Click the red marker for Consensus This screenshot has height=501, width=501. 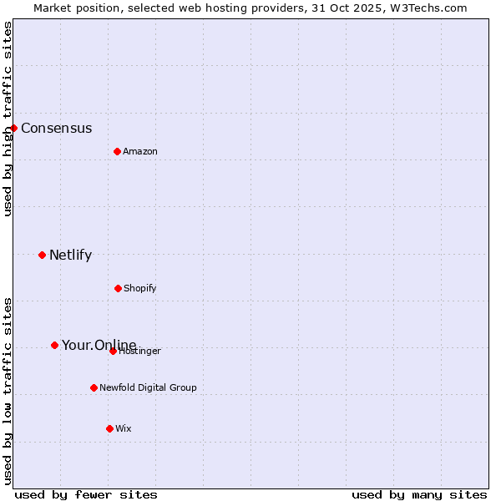tap(14, 128)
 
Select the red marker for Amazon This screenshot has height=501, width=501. tap(117, 151)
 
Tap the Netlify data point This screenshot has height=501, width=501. tap(42, 255)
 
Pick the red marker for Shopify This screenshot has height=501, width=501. tap(118, 288)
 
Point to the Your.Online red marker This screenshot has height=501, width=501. tap(54, 345)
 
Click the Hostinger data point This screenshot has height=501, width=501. tap(113, 351)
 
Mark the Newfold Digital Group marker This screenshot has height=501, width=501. tap(94, 387)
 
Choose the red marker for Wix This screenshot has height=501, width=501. tap(109, 428)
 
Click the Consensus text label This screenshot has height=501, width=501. tap(56, 129)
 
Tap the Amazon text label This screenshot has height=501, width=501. tap(140, 152)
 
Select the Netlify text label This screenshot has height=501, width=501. tap(70, 256)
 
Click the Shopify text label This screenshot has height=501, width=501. tap(140, 289)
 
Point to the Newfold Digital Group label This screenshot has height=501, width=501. tap(148, 388)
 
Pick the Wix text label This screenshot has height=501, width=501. tap(124, 429)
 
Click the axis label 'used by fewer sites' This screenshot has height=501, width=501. tap(86, 494)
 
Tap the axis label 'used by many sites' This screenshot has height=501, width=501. tap(419, 494)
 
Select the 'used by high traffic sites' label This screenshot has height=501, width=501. tap(8, 119)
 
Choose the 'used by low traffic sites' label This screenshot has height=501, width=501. tap(8, 391)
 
